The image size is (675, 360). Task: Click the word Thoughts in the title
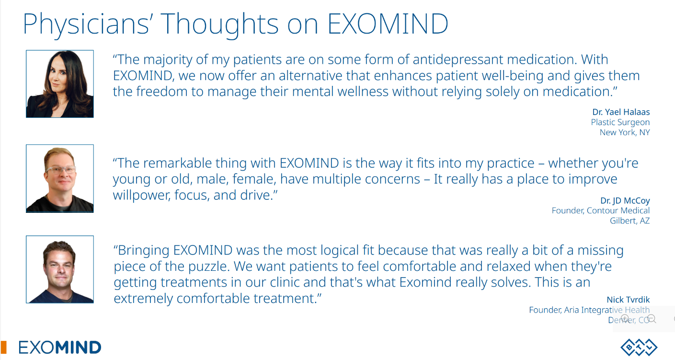(x=220, y=24)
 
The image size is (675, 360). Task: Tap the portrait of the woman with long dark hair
(x=60, y=84)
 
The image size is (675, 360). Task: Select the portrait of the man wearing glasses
(x=60, y=178)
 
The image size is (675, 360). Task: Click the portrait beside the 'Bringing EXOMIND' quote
(x=60, y=269)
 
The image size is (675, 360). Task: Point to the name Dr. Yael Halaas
(x=621, y=112)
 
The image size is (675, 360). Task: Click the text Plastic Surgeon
(x=620, y=122)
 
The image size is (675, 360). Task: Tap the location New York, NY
(x=625, y=132)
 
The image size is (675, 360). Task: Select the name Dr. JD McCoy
(x=625, y=201)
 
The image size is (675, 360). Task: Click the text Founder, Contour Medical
(x=601, y=210)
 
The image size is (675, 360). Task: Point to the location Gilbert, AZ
(x=630, y=221)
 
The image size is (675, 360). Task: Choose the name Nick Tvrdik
(x=629, y=300)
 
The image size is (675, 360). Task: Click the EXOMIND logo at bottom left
(x=60, y=348)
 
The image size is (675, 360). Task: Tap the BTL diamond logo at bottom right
(x=639, y=348)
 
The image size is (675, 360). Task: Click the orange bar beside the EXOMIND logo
(x=4, y=348)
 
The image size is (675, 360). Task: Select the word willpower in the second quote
(x=141, y=196)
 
